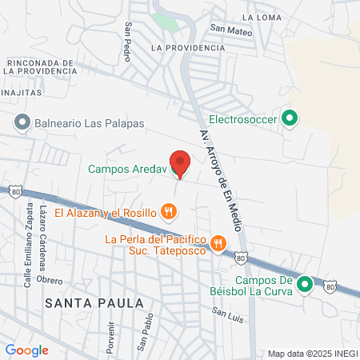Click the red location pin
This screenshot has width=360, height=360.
click(x=180, y=163)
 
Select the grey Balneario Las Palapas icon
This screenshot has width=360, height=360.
click(x=22, y=123)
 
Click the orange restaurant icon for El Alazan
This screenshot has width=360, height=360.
click(x=168, y=212)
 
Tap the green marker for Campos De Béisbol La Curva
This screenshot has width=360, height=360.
click(x=305, y=285)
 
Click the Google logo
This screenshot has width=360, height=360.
click(x=27, y=350)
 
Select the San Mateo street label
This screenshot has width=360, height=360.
click(x=231, y=32)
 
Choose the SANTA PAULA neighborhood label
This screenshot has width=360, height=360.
click(x=94, y=303)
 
